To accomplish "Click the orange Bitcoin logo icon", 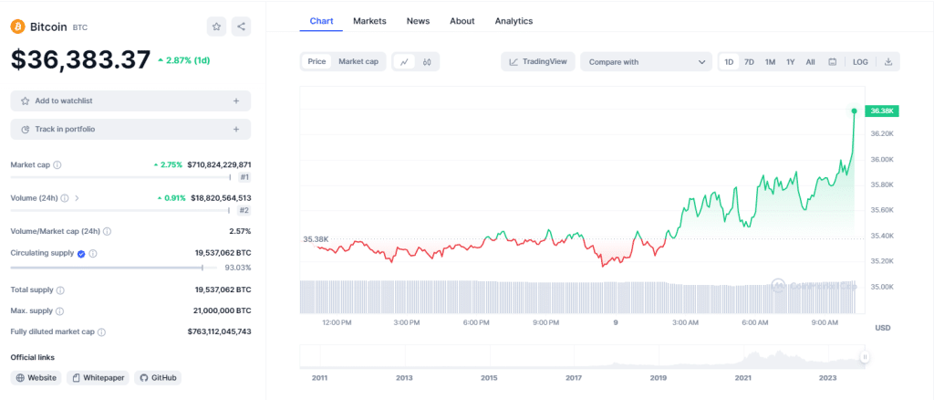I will tap(17, 26).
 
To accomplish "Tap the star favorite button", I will tap(216, 26).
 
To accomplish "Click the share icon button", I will tap(241, 26).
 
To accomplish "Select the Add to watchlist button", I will tap(130, 100).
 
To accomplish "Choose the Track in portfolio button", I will tap(130, 130).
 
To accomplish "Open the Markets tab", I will tap(369, 20).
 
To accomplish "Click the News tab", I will tap(418, 20).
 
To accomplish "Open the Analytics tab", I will tap(514, 20).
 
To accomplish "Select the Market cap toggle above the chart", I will tap(358, 61).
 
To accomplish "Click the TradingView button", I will tap(537, 61).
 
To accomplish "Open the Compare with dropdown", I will tap(646, 61).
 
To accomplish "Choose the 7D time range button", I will tap(749, 61).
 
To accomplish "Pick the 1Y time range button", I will tap(790, 61).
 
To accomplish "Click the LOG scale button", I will tap(860, 61).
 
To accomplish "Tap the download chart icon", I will tap(887, 61).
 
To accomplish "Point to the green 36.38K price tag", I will tap(882, 111).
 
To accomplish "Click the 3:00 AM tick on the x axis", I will tap(685, 322).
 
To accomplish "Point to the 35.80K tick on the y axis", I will tap(881, 184).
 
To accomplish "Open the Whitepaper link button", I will tap(98, 377).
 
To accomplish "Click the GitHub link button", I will tap(157, 377).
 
